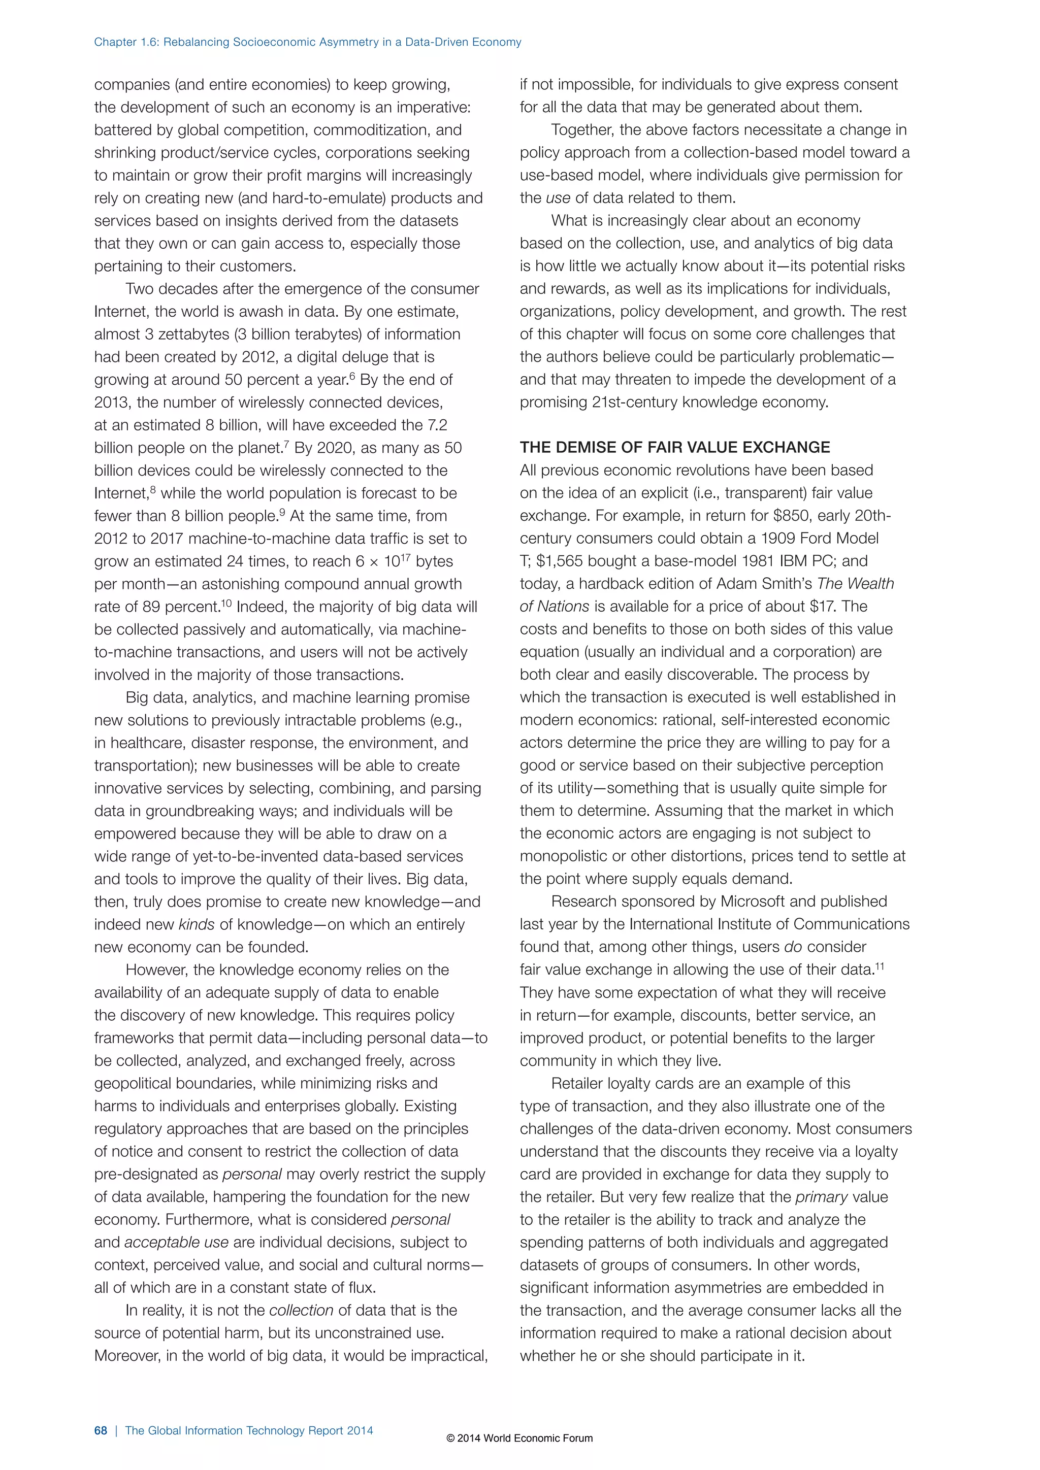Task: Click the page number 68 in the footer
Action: pos(101,1430)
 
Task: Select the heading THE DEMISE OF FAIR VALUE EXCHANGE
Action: pos(674,447)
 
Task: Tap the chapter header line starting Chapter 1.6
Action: pos(307,42)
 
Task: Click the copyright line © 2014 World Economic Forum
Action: pos(519,1438)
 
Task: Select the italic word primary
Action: pos(821,1196)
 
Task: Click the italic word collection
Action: pos(301,1311)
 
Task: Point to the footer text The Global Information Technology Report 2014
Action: pos(249,1430)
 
